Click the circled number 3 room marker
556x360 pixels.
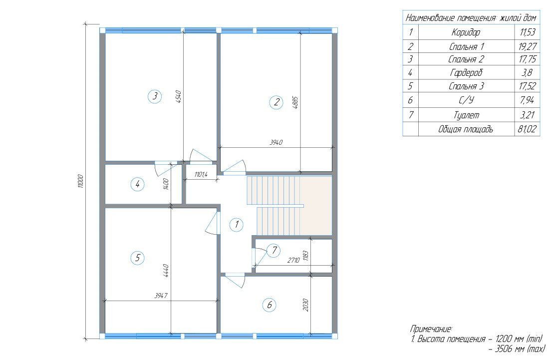[x=155, y=96]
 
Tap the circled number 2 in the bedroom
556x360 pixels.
[x=276, y=102]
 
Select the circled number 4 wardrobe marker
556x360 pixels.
[x=137, y=184]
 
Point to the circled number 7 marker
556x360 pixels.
[x=274, y=251]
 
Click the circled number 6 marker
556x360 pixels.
[x=270, y=305]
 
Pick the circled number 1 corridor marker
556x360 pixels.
[x=236, y=224]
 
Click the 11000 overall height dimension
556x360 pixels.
[x=80, y=181]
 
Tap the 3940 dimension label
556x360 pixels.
[x=276, y=143]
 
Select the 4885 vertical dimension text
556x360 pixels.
[x=296, y=102]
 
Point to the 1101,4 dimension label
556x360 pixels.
[x=201, y=174]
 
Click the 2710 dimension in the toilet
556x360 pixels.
[x=293, y=260]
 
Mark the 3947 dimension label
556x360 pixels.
[x=161, y=296]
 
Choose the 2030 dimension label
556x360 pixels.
[x=306, y=305]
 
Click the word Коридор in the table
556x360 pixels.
[x=466, y=32]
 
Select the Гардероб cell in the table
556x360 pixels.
[x=466, y=73]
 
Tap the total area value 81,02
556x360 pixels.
[x=527, y=129]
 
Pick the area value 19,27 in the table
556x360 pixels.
[x=527, y=46]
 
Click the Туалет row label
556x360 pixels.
[x=466, y=115]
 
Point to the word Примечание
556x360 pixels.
[x=431, y=329]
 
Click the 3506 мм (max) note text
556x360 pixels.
[x=517, y=349]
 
